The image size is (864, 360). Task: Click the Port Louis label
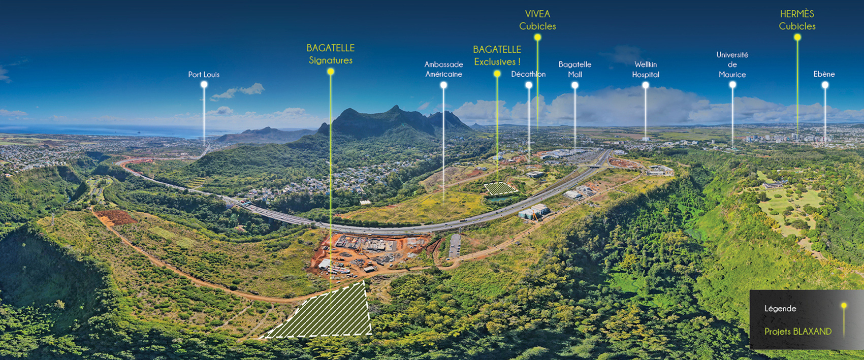coord(204,75)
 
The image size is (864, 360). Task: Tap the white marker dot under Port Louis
coord(204,85)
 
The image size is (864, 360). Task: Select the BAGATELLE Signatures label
coord(331,54)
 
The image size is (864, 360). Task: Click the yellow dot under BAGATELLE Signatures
coord(331,72)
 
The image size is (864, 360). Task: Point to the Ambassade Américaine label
coord(443,70)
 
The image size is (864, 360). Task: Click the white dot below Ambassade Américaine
coord(443,85)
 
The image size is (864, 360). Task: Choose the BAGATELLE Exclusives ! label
coord(497,55)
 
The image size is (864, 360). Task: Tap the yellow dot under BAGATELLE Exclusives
coord(497,74)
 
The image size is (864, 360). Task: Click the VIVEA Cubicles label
coord(537,20)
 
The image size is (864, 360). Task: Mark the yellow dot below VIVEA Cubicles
coord(537,38)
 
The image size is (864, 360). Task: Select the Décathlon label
coord(528,74)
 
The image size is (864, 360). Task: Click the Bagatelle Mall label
coord(574,70)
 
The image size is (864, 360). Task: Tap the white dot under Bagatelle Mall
coord(575,85)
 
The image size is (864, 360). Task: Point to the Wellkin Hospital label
coord(646,70)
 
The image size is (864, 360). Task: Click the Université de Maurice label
coord(732,64)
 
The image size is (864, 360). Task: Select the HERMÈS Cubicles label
coord(797,20)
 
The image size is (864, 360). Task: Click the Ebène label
coord(824,74)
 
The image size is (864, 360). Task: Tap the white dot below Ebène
coord(825,85)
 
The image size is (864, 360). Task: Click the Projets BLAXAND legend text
coord(798,332)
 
